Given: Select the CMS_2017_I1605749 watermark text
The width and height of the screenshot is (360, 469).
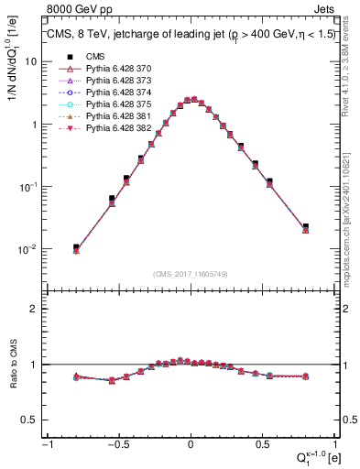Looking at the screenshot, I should (x=190, y=274).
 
